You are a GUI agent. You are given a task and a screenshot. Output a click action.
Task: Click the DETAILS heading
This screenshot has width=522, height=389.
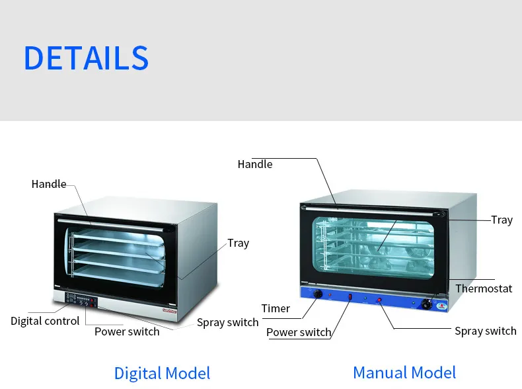pos(86,58)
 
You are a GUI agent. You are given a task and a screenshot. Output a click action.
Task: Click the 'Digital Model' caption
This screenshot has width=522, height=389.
pos(162,372)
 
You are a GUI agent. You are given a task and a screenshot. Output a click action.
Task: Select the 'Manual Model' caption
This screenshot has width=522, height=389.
pos(404,372)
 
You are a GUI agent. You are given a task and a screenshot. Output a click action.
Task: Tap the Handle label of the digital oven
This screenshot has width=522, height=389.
pos(49,184)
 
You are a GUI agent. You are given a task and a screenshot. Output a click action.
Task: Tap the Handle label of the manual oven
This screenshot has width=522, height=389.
pos(255,164)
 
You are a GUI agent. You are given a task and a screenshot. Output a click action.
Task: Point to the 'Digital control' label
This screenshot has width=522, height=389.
pos(45,321)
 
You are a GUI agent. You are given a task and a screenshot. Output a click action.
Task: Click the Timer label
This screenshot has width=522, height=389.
pos(276,308)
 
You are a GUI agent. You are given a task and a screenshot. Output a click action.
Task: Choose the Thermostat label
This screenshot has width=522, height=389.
pos(484,288)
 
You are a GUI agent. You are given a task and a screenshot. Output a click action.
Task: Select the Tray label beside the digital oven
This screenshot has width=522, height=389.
pos(239,243)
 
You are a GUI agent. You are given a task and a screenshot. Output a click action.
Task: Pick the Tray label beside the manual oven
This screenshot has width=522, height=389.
pos(502,220)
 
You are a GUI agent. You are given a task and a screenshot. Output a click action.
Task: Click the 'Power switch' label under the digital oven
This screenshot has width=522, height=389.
pos(127,331)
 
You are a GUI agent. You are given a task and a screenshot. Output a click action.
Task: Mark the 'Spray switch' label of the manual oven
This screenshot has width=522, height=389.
pos(486,331)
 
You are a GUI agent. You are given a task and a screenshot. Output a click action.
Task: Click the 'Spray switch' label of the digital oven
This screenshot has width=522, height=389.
pos(228,323)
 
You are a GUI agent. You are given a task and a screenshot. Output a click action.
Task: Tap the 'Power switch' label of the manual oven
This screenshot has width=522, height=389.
pos(299,332)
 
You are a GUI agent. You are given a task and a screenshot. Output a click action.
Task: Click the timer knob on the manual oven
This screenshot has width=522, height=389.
pos(318,293)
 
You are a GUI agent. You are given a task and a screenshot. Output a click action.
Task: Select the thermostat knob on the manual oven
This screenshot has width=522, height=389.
pos(427,304)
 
